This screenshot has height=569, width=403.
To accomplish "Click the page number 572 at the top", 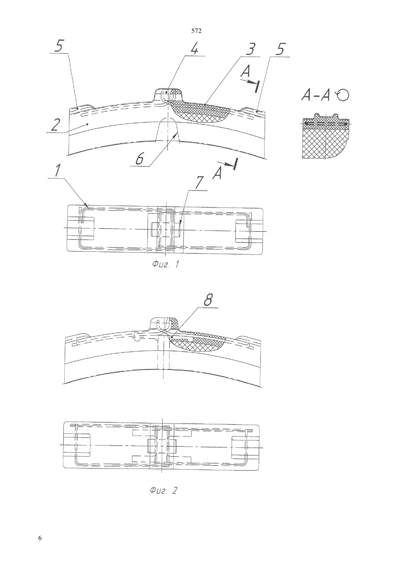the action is click(196, 31).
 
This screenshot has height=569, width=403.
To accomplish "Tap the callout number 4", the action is click(194, 49).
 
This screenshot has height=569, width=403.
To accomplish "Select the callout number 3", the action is click(251, 50).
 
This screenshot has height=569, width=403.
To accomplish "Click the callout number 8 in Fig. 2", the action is click(208, 300).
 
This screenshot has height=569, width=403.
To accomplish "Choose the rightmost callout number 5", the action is click(281, 50).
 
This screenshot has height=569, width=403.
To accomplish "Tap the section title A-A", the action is click(316, 96).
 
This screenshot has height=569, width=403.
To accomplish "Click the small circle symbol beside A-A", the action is click(343, 95).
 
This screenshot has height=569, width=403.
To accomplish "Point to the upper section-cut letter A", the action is click(245, 72).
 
